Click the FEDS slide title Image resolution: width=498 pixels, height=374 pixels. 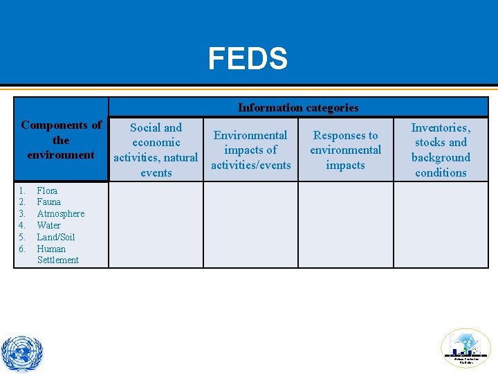click(248, 60)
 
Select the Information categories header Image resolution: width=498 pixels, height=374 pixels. click(298, 107)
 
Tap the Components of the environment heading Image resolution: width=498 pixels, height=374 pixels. click(61, 140)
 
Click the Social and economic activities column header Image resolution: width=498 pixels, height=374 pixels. click(156, 150)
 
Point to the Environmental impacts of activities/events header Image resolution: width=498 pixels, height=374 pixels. click(250, 150)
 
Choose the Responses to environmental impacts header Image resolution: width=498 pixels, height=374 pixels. click(345, 150)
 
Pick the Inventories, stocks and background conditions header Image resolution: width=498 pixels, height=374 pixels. click(441, 150)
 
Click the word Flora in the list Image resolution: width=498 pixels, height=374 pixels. click(47, 190)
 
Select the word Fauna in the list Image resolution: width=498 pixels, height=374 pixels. click(48, 202)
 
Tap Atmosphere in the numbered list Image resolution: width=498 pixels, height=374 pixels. click(60, 213)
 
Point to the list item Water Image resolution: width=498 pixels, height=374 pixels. click(48, 225)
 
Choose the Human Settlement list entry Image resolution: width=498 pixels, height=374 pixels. click(57, 254)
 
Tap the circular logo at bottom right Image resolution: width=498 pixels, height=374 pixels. click(465, 348)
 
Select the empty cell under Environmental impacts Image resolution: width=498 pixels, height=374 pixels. click(250, 224)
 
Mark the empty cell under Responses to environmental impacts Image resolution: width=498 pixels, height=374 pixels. click(345, 224)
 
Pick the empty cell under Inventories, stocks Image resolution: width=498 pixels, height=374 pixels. click(441, 224)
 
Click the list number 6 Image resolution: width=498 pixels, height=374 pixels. click(22, 249)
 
